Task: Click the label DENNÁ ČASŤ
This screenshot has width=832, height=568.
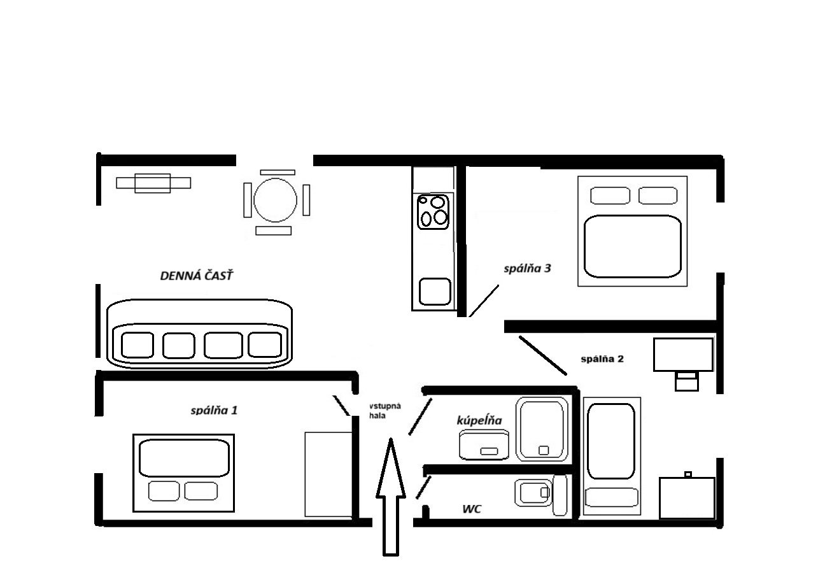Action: (197, 276)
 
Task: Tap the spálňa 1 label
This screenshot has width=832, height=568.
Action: (214, 410)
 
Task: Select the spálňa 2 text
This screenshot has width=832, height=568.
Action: (602, 359)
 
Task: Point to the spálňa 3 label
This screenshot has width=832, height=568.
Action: (527, 268)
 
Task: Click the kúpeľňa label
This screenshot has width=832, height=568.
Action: (479, 420)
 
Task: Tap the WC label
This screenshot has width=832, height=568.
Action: (472, 509)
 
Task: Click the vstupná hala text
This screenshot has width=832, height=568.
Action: (384, 411)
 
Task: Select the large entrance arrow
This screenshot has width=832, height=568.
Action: (391, 497)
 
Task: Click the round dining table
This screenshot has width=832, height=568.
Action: (275, 200)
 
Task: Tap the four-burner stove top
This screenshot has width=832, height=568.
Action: (433, 212)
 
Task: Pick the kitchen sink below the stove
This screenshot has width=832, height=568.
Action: (435, 292)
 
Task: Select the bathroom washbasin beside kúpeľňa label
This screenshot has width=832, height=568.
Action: (484, 444)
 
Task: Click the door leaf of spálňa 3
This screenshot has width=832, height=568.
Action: (484, 301)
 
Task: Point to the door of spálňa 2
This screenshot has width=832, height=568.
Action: (542, 355)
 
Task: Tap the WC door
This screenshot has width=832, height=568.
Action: (423, 487)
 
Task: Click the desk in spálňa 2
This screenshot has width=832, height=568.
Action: (683, 355)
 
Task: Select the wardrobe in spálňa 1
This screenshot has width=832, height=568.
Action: (328, 474)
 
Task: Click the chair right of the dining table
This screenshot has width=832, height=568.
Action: (306, 200)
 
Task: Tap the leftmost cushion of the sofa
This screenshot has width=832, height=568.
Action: (137, 345)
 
